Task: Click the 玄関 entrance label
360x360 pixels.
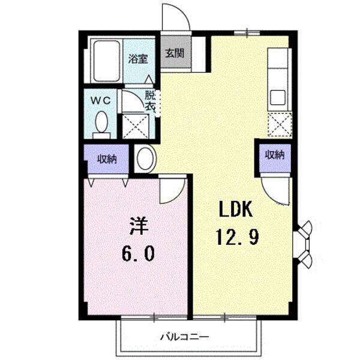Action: [175, 52]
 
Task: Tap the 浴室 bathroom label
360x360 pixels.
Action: [138, 59]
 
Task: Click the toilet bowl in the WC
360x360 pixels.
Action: [101, 124]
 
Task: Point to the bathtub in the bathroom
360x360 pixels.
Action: [108, 60]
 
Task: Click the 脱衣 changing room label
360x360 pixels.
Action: [150, 100]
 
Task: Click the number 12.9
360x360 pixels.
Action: [238, 238]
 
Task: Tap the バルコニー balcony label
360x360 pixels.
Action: [184, 337]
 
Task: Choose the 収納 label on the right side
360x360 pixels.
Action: [275, 155]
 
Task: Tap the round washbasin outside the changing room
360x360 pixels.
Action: [145, 159]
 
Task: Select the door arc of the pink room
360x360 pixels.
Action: [172, 190]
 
